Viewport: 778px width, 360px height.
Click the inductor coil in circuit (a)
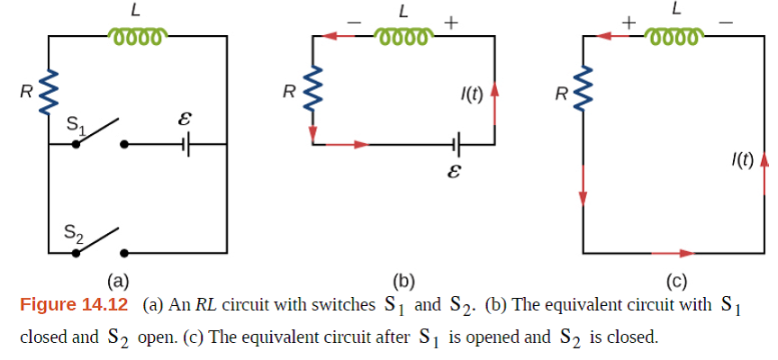tap(135, 37)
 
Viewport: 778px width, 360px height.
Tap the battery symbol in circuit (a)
tap(186, 143)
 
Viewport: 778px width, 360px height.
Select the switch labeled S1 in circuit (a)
tap(99, 133)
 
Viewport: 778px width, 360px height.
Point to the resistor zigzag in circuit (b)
tap(312, 93)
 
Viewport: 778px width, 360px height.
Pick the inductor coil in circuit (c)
tap(673, 37)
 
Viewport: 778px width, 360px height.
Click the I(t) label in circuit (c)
tap(743, 160)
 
